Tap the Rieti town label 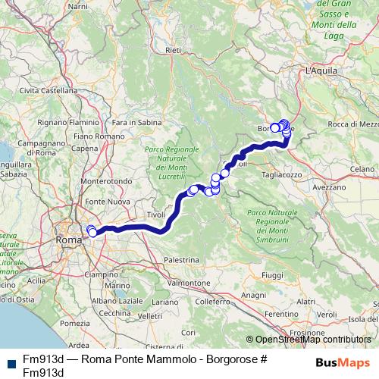pyautogui.click(x=174, y=51)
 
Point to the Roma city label pyautogui.click(x=68, y=240)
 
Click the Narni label pyautogui.click(x=78, y=6)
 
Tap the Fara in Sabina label pyautogui.click(x=136, y=122)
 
